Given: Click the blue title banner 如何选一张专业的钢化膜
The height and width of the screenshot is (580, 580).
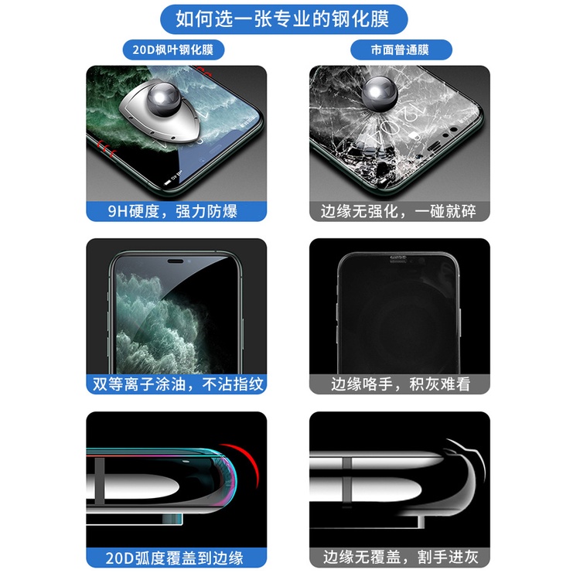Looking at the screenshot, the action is pyautogui.click(x=284, y=19).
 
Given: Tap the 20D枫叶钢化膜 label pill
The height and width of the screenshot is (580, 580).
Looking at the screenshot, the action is pyautogui.click(x=173, y=49).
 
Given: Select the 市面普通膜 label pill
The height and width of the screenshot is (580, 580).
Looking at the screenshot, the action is pyautogui.click(x=401, y=49).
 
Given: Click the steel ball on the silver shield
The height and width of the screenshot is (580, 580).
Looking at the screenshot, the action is pyautogui.click(x=163, y=97).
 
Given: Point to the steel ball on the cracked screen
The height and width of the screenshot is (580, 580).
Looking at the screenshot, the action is pyautogui.click(x=380, y=93).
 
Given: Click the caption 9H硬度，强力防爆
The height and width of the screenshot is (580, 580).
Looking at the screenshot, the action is pyautogui.click(x=172, y=212).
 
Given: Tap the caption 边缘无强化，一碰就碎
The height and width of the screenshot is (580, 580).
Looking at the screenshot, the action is pyautogui.click(x=398, y=212).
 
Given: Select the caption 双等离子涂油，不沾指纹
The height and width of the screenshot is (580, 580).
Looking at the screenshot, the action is pyautogui.click(x=178, y=384).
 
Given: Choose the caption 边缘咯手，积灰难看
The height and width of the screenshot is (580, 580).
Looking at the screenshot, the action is pyautogui.click(x=401, y=384).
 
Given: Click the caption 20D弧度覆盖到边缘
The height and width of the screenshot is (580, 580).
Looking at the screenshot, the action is pyautogui.click(x=174, y=558).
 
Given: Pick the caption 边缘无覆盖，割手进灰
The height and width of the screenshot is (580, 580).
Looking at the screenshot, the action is pyautogui.click(x=401, y=557).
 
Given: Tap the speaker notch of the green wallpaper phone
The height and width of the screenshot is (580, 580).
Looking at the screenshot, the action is pyautogui.click(x=176, y=261).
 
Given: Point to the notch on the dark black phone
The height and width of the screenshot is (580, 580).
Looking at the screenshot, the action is pyautogui.click(x=398, y=258).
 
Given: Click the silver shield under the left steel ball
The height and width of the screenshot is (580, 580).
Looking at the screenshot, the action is pyautogui.click(x=160, y=114).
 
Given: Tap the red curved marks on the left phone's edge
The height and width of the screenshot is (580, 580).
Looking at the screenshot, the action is pyautogui.click(x=106, y=148).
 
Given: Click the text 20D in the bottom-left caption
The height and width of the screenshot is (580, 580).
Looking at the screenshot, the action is pyautogui.click(x=119, y=558).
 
